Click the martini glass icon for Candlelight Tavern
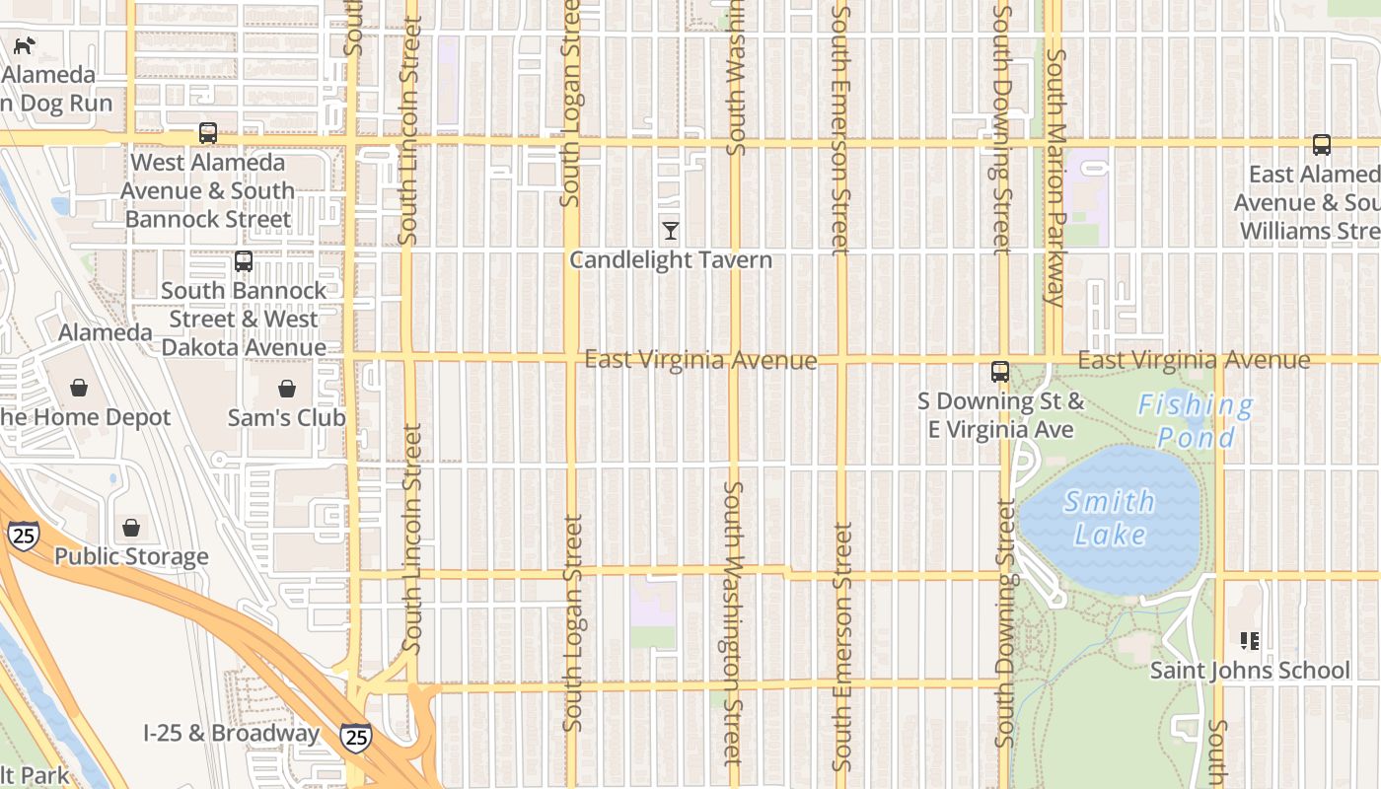point(671,231)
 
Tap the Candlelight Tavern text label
point(671,260)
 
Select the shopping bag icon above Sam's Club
point(287,389)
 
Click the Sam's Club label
point(287,417)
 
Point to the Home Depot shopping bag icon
point(79,388)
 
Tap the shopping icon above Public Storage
point(131,529)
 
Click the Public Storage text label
point(131,556)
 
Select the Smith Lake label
point(1111,518)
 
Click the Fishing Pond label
point(1196,420)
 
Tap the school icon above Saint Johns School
point(1250,642)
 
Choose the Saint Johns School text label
point(1250,671)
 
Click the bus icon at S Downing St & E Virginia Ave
point(1000,372)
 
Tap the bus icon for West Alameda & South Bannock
point(207,133)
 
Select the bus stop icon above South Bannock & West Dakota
point(244,261)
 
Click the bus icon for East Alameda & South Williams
point(1322,145)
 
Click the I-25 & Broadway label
point(231,734)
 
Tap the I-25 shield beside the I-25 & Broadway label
point(356,736)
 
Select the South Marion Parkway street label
point(1055,178)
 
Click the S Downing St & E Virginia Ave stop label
point(1000,415)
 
